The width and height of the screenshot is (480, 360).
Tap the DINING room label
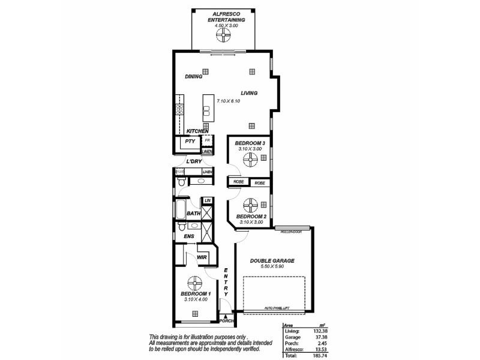(193, 77)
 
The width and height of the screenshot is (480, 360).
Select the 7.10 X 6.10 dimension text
(229, 101)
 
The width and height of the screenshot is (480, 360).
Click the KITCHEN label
(197, 131)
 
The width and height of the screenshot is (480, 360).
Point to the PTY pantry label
(190, 142)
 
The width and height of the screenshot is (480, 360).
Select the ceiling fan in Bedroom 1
(194, 282)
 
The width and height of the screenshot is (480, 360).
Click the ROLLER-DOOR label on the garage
(293, 229)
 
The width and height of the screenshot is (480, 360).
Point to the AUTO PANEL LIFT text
(278, 308)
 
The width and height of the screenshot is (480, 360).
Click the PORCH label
(226, 321)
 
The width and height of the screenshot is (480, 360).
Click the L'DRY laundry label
(193, 162)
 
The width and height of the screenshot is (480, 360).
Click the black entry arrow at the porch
(224, 315)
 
